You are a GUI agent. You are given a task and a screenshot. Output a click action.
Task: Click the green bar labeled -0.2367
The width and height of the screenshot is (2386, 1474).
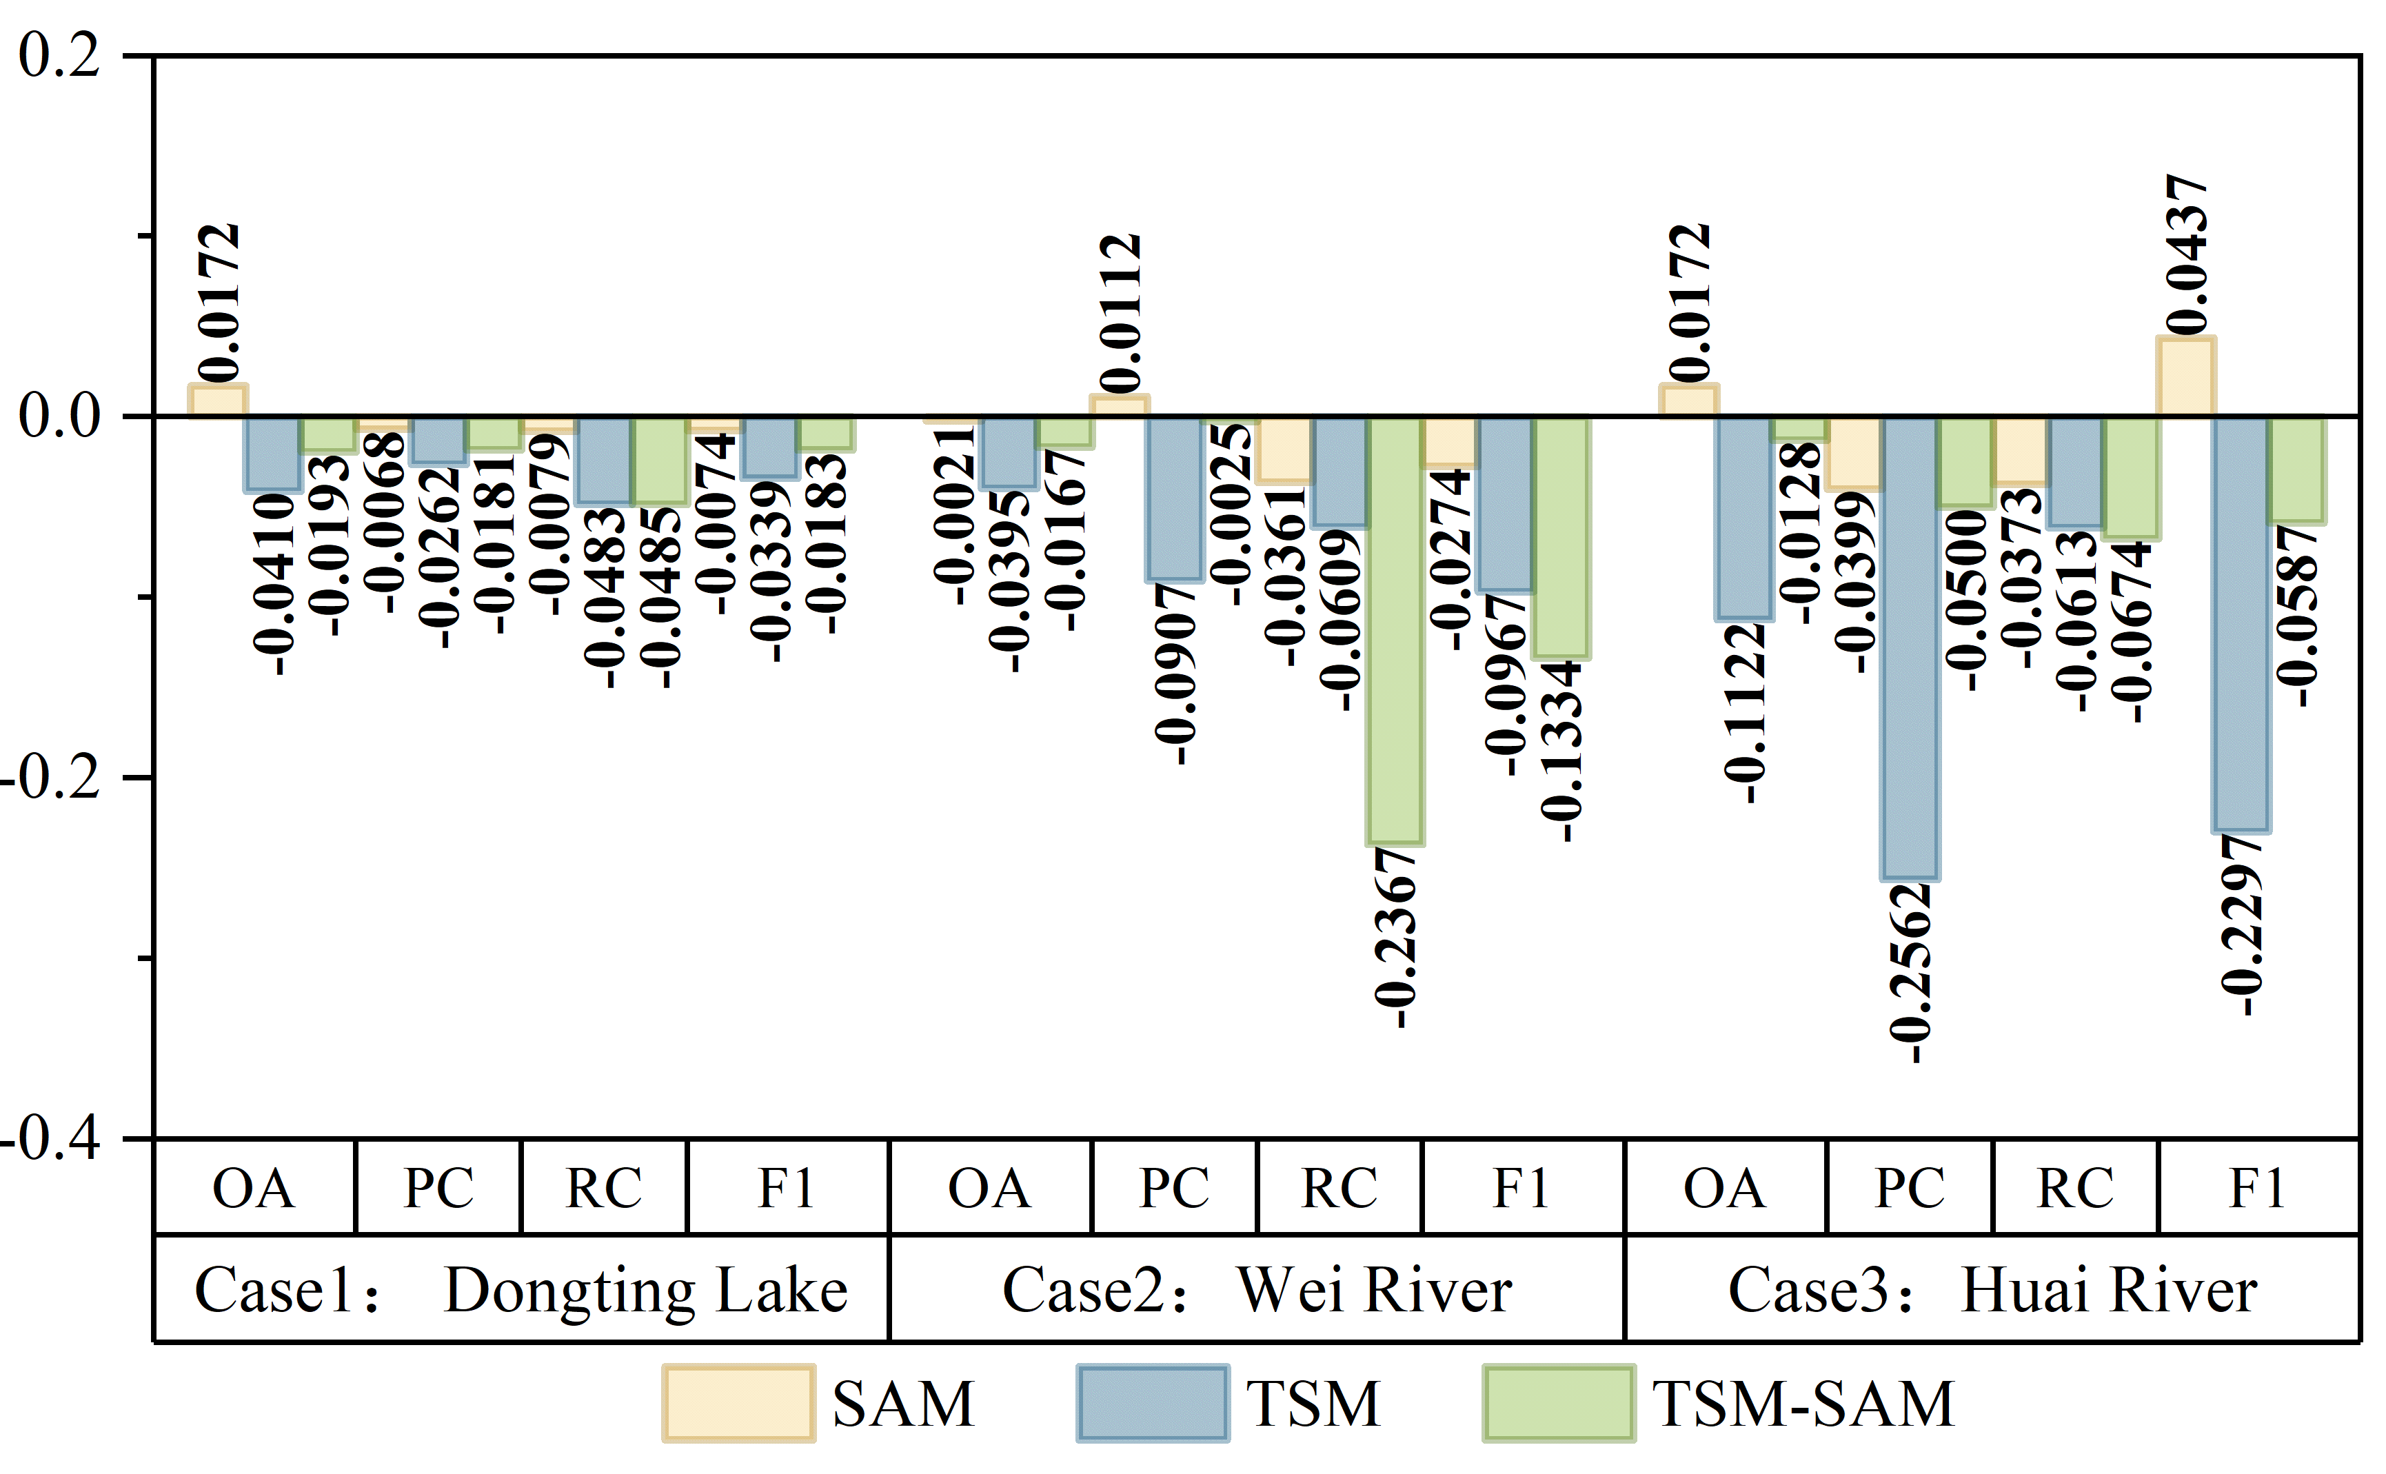click(x=1395, y=631)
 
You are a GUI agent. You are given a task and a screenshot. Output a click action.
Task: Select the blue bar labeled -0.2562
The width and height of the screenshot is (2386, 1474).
click(x=1910, y=648)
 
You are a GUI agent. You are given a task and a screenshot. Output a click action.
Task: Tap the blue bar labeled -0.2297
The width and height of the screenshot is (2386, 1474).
click(x=2241, y=625)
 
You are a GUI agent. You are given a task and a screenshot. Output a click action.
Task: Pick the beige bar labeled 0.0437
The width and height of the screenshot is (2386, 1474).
click(x=2186, y=377)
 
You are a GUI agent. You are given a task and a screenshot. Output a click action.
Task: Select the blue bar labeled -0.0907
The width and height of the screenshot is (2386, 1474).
click(x=1175, y=499)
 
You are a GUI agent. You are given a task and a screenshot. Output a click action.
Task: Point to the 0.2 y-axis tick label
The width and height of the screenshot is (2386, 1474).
click(x=59, y=56)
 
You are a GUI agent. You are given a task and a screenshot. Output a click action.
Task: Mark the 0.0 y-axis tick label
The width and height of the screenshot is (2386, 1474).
click(x=59, y=416)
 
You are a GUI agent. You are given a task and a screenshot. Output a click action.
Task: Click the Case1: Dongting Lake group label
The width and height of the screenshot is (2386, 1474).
click(x=521, y=1290)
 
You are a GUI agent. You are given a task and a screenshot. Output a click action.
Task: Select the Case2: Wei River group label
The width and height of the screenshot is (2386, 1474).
click(x=1257, y=1290)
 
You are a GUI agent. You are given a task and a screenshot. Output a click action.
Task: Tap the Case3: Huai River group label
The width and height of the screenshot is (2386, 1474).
click(x=1992, y=1290)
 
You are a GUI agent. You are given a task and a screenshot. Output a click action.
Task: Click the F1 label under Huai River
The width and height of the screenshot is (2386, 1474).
click(x=2257, y=1187)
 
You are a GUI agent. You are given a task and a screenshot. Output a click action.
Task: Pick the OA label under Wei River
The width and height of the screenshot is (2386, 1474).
click(x=989, y=1187)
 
